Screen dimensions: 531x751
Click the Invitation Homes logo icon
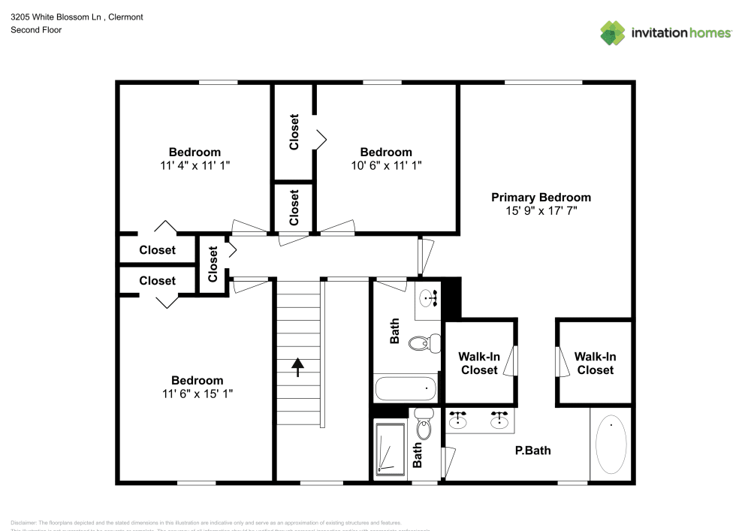[x=613, y=32]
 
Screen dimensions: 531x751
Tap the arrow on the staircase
[x=297, y=367]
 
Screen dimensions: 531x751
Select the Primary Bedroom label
[x=541, y=198]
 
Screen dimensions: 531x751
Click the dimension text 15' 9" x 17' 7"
[x=541, y=212]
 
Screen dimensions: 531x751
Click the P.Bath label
[x=532, y=451]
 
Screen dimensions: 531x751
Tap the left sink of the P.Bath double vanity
[x=457, y=420]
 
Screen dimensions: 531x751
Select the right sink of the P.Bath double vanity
[x=498, y=420]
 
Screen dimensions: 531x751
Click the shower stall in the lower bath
[x=391, y=448]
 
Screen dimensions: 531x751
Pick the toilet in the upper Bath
[x=421, y=344]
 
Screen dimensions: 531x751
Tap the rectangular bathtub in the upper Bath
[x=406, y=389]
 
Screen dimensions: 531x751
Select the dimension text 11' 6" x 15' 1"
[x=197, y=394]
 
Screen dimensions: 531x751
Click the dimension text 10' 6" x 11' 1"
[x=386, y=165]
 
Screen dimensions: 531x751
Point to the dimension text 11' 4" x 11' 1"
[x=195, y=165]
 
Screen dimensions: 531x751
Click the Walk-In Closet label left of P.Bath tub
[x=595, y=364]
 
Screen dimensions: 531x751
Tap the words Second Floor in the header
[x=36, y=30]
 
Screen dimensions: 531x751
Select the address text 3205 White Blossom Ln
[x=56, y=17]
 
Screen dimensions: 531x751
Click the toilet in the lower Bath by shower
[x=424, y=427]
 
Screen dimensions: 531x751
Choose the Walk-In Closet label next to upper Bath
[x=479, y=364]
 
